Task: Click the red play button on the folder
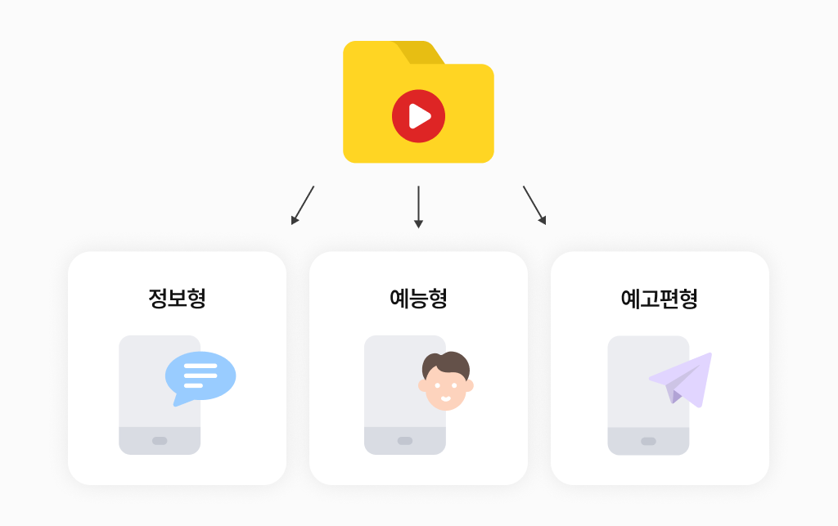point(418,116)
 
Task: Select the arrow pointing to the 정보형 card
point(303,205)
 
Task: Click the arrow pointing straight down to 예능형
point(418,206)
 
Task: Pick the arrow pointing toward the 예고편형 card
point(534,205)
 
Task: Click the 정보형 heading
point(177,298)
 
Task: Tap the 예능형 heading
point(418,298)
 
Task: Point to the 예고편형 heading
point(660,298)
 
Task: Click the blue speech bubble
point(200,375)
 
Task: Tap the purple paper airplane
point(684,378)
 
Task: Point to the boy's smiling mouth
point(446,399)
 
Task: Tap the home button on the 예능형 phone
point(405,441)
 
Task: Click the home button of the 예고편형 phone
point(648,441)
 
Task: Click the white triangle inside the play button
point(420,116)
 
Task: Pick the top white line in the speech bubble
point(200,366)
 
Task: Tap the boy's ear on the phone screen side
point(423,385)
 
